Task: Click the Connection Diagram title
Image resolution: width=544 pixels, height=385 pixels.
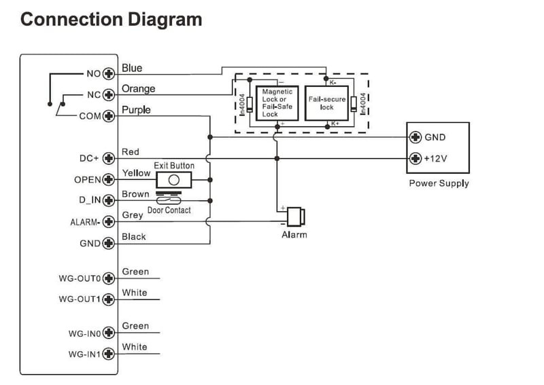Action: pos(111,19)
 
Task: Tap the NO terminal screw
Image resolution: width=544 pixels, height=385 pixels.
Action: pos(107,73)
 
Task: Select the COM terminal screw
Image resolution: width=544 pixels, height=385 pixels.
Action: pos(107,116)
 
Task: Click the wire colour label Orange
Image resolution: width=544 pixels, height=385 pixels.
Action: pos(138,89)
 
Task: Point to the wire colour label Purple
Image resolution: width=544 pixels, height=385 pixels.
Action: pos(136,110)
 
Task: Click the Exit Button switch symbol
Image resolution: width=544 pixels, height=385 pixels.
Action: pos(174,180)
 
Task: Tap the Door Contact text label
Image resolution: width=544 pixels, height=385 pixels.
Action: pos(169,210)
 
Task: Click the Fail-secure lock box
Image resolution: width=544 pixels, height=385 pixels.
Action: pos(326,103)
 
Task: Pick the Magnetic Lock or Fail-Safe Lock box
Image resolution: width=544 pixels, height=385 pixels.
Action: pos(277,103)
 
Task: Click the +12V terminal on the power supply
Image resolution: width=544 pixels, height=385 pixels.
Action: pos(415,159)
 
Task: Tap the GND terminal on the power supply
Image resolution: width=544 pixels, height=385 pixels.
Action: pos(415,137)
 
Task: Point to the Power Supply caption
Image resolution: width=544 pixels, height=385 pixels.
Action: pos(439,183)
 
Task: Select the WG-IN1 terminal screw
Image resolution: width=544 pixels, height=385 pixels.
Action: pos(107,354)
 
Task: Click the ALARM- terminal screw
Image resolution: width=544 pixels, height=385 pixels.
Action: pos(107,222)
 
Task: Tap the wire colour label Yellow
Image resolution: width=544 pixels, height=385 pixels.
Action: pos(136,173)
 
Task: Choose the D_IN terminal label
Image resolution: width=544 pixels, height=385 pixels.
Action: pos(86,201)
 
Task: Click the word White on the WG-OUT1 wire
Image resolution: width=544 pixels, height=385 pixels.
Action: pos(134,293)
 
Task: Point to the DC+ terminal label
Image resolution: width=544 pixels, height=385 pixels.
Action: pos(89,158)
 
